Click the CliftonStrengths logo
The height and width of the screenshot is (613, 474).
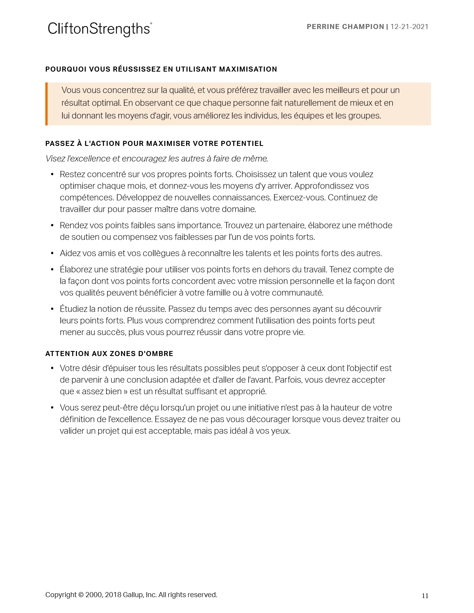click(100, 29)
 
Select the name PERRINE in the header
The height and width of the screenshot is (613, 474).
click(324, 27)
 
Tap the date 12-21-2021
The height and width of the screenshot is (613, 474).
click(409, 27)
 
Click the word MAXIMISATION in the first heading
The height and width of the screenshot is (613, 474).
click(248, 69)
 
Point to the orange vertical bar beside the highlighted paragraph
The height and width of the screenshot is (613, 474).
click(46, 104)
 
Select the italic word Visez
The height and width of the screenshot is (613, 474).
click(55, 159)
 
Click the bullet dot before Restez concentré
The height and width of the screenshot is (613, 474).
click(52, 175)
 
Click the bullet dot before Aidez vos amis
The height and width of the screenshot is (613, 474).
click(52, 253)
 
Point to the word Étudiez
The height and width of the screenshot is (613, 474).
click(73, 309)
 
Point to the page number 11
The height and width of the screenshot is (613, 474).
click(425, 596)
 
